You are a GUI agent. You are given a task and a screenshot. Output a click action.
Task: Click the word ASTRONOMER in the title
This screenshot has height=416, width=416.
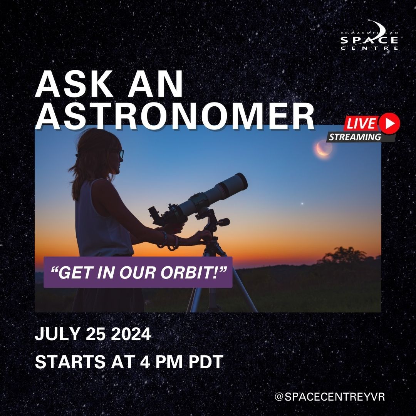coord(175,116)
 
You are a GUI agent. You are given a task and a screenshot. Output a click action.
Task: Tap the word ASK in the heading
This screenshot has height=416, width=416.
coord(75,84)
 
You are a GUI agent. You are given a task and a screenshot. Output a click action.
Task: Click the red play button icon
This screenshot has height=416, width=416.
coord(389,123)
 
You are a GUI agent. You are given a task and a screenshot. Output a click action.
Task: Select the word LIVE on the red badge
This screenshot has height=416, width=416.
coord(361,123)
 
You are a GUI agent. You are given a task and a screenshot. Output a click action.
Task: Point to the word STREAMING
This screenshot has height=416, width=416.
coord(355,137)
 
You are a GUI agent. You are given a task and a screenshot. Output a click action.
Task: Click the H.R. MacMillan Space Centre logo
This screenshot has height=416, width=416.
coord(369,35)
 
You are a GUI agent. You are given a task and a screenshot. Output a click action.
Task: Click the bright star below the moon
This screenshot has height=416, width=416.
coord(302,204)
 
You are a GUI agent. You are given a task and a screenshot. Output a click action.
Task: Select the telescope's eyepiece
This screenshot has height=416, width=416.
coord(154,213)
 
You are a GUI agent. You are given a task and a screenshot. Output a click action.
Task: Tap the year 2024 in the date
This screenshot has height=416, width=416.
coord(131,334)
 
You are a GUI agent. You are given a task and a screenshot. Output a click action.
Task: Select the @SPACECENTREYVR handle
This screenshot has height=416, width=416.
coord(330,397)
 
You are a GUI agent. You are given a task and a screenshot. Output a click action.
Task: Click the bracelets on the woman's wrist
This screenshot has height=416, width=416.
coord(170,240)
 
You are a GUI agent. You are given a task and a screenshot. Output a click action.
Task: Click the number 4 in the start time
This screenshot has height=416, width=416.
coord(145,362)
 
